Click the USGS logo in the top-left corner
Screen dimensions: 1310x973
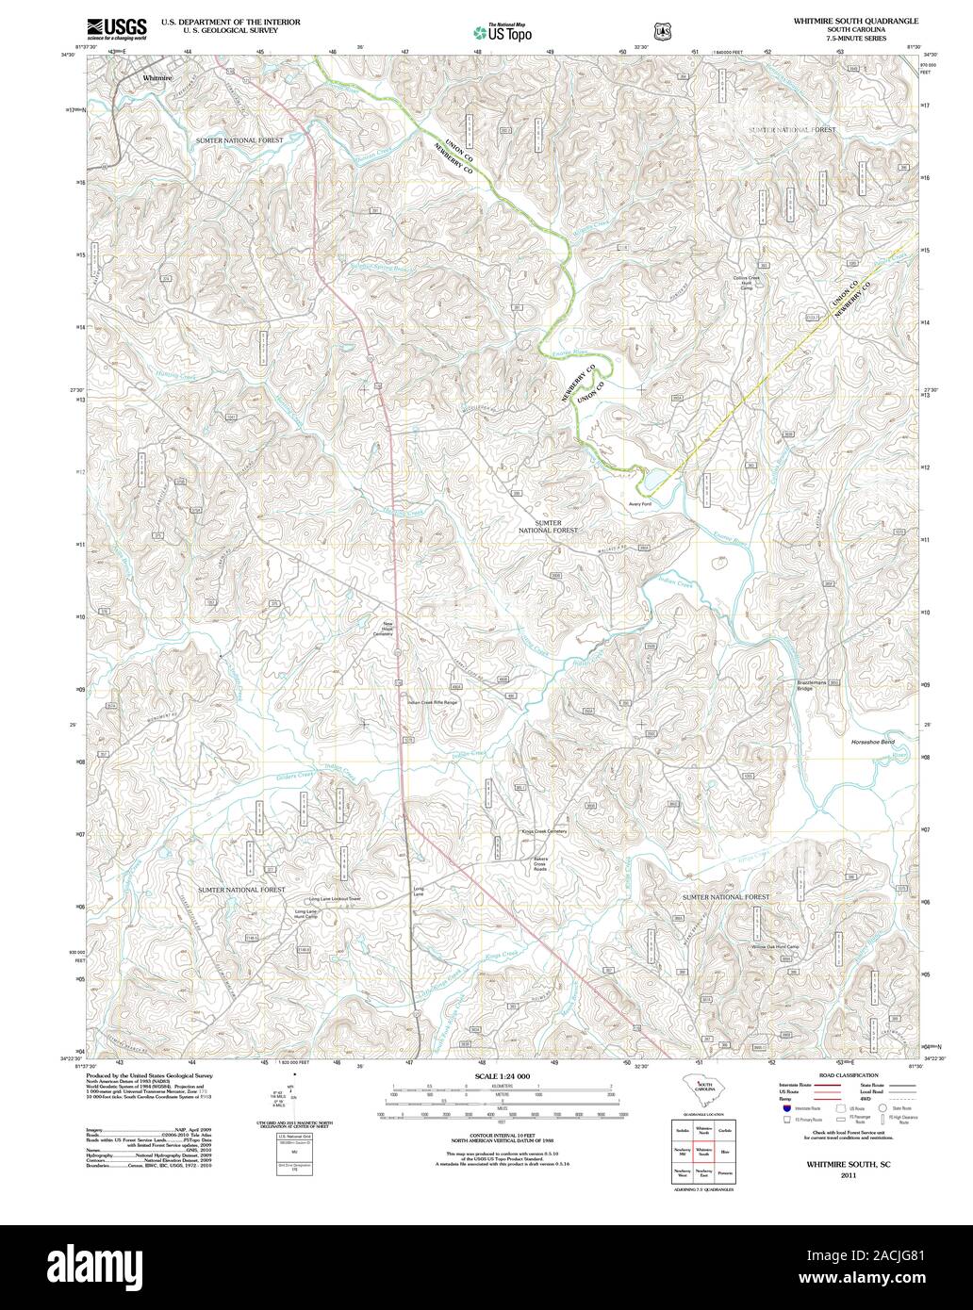(x=116, y=29)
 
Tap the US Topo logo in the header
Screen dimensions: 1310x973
(x=503, y=32)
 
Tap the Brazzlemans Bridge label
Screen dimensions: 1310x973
(x=816, y=686)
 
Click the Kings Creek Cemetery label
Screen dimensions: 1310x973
(x=544, y=831)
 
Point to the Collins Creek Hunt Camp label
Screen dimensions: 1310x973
(x=746, y=283)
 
